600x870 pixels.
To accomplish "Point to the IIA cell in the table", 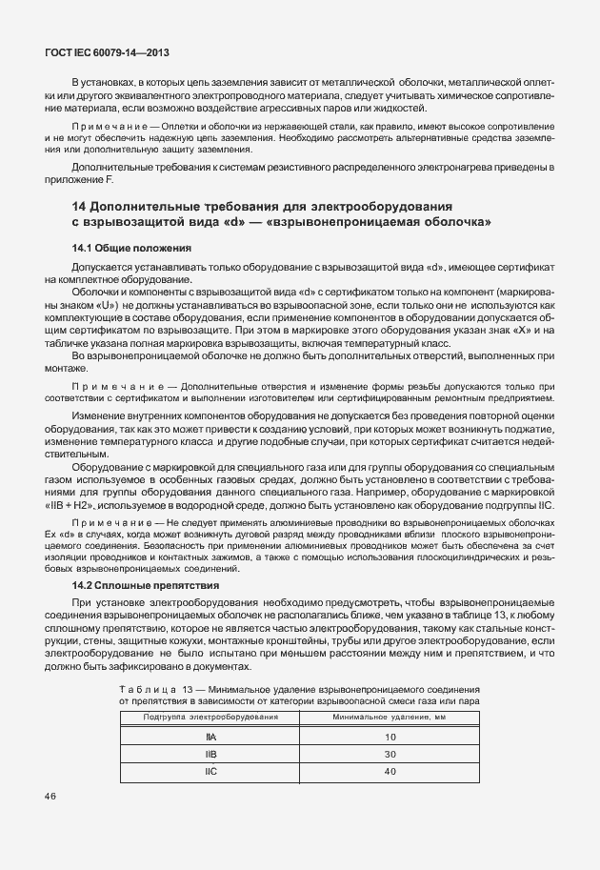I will coord(210,737).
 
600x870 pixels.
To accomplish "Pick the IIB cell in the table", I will coord(210,754).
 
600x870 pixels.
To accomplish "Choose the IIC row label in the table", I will coord(210,771).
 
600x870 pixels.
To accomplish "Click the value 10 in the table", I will coord(390,737).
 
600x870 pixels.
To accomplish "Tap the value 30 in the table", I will coord(390,754).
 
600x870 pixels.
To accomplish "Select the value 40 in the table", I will coord(390,771).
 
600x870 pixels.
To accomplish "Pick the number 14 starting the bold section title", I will coord(81,206).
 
